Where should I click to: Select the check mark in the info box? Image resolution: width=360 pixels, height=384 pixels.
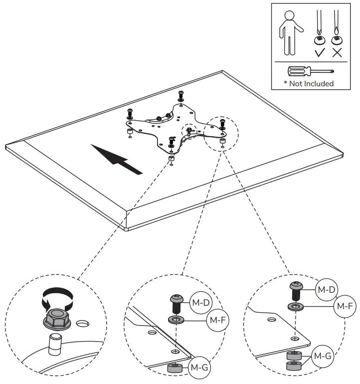tap(319, 52)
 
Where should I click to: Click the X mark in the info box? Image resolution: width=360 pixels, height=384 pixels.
tap(338, 52)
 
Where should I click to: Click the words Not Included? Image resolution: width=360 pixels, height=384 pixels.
tap(312, 83)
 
